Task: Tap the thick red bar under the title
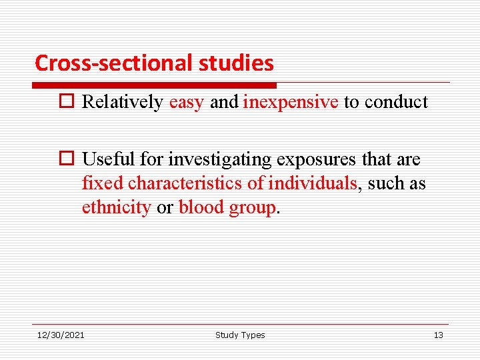(154, 85)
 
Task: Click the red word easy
(187, 102)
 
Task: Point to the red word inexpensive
(291, 102)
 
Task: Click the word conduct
(397, 102)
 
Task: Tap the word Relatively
(122, 102)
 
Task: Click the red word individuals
(313, 183)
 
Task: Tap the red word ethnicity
(117, 207)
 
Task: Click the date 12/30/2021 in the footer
(61, 335)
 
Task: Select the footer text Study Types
(240, 335)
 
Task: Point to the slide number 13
(438, 335)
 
